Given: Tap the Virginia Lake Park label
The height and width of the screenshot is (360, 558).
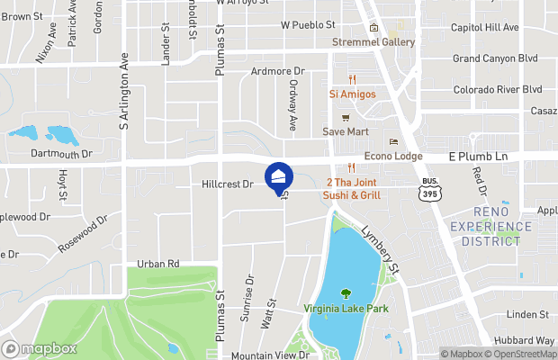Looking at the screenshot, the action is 346,309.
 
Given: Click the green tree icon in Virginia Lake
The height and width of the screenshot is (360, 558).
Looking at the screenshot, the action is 346,293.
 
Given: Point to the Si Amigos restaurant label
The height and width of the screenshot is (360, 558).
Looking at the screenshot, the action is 353,94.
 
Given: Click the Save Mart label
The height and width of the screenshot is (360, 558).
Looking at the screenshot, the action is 346,131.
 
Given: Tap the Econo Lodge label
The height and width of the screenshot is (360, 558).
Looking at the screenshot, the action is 393,156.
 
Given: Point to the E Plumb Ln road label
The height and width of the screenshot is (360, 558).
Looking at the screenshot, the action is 479,157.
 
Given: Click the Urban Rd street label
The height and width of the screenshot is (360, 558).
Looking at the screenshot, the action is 158,264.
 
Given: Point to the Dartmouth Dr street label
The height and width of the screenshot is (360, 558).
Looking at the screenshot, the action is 62,154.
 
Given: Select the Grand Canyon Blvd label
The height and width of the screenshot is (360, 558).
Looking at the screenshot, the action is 495,58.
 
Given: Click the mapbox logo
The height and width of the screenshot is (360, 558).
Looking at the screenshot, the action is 40,349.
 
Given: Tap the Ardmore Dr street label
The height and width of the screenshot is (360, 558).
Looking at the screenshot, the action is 278,71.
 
